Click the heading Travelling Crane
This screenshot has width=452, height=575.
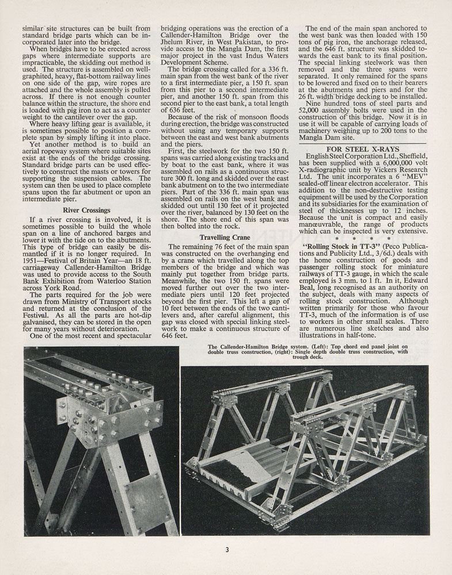(x=225, y=237)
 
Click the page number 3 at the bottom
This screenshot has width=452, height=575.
(x=227, y=550)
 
